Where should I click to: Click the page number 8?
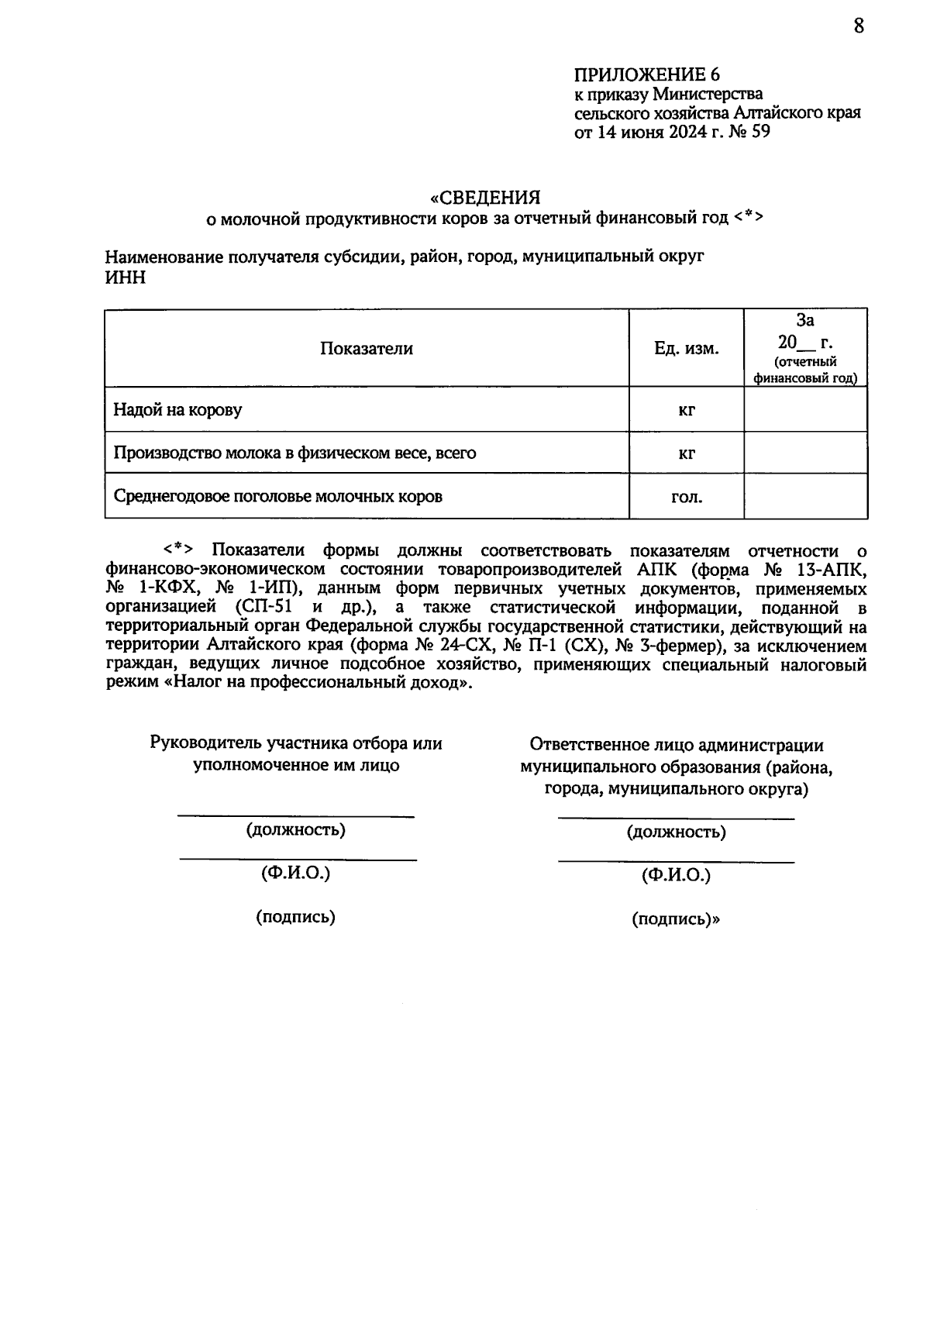(x=858, y=26)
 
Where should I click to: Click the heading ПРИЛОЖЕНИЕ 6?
(x=646, y=75)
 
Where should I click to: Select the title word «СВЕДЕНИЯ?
(x=485, y=197)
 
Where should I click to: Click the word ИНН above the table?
(x=125, y=277)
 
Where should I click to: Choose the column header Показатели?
(x=367, y=349)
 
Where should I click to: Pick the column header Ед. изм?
(x=686, y=349)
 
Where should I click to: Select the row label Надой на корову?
(x=177, y=409)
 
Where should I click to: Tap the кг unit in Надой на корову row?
(x=686, y=410)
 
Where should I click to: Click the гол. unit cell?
(x=686, y=497)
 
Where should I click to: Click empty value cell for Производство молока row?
(x=805, y=453)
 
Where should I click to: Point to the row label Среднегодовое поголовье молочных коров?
(x=277, y=496)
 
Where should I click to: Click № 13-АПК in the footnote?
(x=815, y=570)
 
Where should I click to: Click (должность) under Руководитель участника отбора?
(x=295, y=830)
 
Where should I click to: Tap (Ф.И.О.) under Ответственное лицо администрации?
(x=676, y=875)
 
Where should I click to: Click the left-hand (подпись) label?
(x=295, y=917)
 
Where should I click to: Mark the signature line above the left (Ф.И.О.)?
(x=298, y=859)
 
